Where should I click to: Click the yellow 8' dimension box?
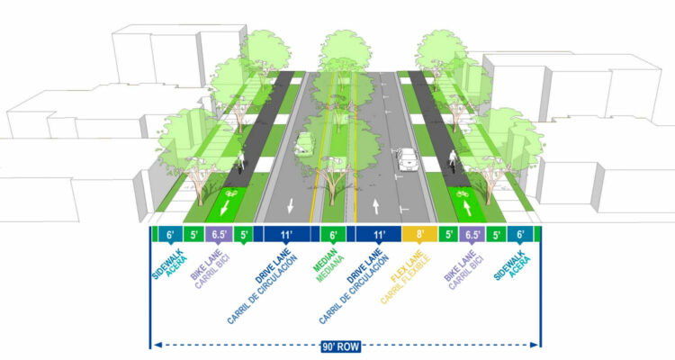418,235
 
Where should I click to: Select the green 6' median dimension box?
333,235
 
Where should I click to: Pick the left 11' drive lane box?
285,235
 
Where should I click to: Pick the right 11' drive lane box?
379,235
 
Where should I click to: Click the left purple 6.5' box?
218,235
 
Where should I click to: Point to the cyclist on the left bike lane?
240,166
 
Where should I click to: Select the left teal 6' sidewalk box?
169,235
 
